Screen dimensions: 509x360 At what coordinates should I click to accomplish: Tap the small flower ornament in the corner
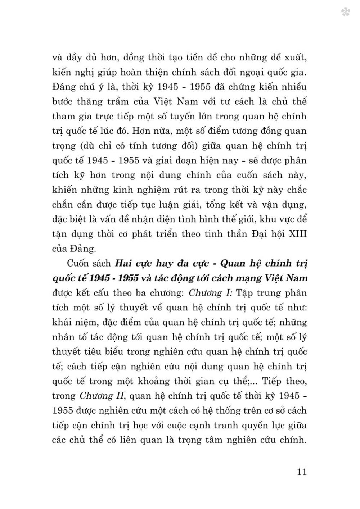click(x=346, y=12)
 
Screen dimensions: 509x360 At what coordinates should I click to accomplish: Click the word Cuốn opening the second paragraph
click(x=79, y=263)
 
